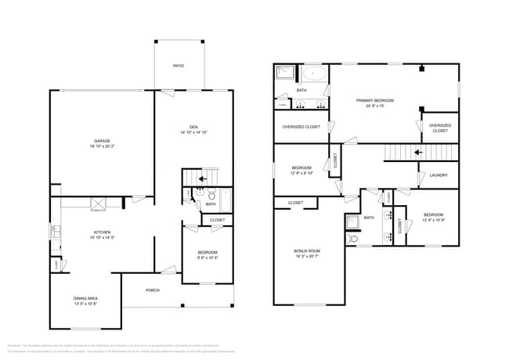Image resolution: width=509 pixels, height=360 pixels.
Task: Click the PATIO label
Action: click(x=179, y=65)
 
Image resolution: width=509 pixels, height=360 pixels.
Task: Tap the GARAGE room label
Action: click(x=101, y=141)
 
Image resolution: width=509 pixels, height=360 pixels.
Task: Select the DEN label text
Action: click(x=193, y=128)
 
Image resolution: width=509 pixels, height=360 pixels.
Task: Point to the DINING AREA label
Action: click(x=85, y=298)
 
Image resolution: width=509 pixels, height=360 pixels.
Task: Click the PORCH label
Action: click(x=153, y=290)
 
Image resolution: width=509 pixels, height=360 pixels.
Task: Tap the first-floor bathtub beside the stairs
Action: click(x=226, y=200)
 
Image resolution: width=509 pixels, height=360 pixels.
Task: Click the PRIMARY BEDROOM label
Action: click(x=374, y=101)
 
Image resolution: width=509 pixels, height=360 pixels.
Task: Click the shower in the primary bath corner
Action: click(x=283, y=74)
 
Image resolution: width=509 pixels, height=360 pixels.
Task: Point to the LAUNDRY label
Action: click(x=439, y=175)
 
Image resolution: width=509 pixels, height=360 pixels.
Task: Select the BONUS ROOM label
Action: click(x=307, y=250)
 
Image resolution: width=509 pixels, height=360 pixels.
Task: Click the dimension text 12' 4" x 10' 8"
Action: click(x=433, y=220)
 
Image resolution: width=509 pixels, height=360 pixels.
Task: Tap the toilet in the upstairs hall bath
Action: click(x=353, y=238)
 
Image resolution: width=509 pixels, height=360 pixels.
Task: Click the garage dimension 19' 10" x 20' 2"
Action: click(x=101, y=146)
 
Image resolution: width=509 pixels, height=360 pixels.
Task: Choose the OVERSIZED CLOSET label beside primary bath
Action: click(x=301, y=126)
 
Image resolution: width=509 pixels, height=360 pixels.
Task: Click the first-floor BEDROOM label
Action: click(x=207, y=252)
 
